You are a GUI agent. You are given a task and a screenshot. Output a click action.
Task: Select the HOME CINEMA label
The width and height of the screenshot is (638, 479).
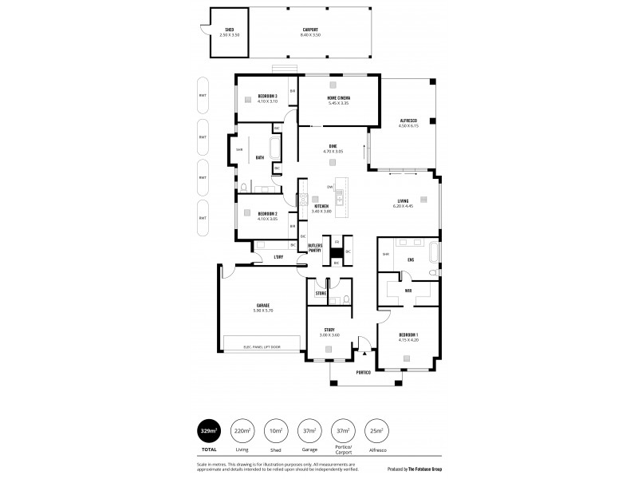[338, 98]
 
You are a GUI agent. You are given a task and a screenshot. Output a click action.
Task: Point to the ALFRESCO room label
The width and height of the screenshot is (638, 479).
[409, 121]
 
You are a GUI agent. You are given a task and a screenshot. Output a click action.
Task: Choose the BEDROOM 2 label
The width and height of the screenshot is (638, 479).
[267, 213]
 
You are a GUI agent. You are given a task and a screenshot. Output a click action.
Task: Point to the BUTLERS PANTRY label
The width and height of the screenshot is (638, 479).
[314, 247]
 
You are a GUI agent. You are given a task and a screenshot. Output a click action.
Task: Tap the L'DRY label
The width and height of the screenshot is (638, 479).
[278, 256]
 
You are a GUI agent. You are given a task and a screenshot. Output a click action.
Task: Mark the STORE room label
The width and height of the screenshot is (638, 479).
[321, 294]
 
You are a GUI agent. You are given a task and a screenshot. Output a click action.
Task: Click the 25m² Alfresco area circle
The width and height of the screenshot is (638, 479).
[375, 432]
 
